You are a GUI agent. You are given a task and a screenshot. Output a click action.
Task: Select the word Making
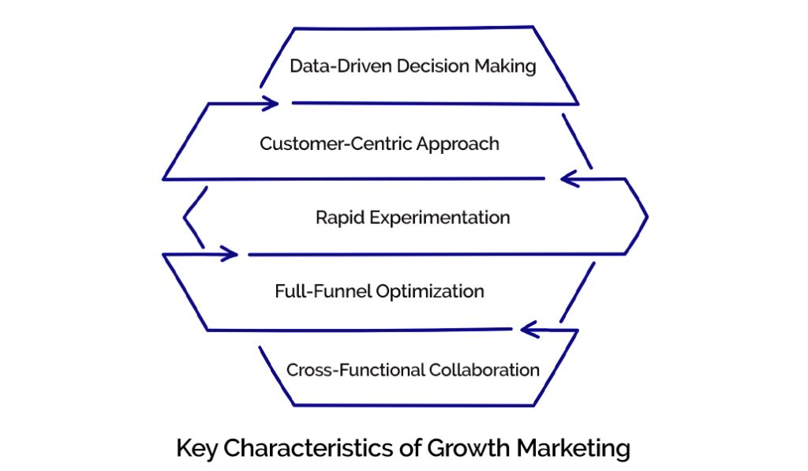click(505, 66)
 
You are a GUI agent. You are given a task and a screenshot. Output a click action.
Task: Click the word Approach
click(462, 145)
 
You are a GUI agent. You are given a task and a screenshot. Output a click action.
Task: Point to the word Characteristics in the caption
click(304, 448)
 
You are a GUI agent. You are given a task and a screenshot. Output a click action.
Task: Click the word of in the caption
click(408, 448)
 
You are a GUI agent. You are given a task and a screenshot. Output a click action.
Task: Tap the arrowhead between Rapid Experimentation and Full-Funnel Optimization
click(230, 254)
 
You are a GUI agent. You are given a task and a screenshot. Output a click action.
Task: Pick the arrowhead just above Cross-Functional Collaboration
click(528, 329)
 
